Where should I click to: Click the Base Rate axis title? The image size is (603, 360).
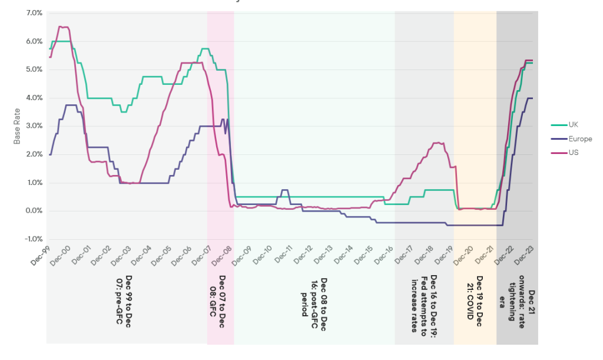pos(17,126)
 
